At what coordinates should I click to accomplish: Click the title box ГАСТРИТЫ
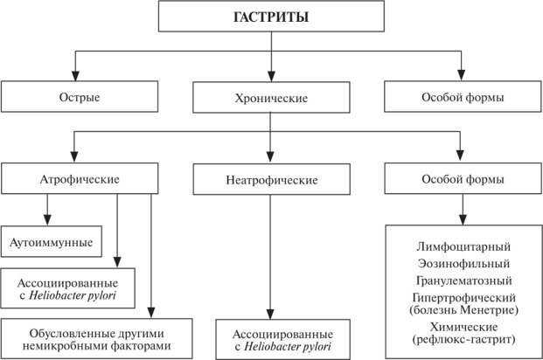coord(271,17)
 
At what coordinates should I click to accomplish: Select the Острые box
coord(80,97)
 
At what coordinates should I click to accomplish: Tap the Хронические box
coord(271,97)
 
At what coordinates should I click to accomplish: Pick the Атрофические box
coord(80,178)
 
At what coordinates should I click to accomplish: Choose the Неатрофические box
coord(271,179)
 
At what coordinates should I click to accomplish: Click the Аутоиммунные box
coord(52,242)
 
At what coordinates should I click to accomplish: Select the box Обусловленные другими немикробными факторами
coord(96,339)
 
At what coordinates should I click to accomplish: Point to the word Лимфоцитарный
coord(463,246)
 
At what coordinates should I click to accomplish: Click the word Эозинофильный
coord(463,264)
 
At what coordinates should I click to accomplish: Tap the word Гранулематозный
coord(464,280)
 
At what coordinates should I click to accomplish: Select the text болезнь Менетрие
coord(464,309)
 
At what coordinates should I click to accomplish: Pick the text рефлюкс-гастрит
coord(464,339)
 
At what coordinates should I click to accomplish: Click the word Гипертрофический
coord(464,298)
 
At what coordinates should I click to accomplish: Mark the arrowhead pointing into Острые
coord(75,76)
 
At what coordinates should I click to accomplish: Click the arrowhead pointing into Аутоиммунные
coord(47,221)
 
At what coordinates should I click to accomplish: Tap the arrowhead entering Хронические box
coord(271,77)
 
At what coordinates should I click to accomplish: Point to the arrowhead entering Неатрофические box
coord(270,157)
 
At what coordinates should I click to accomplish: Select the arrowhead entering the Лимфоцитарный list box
coord(463,220)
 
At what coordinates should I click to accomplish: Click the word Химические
coord(464,327)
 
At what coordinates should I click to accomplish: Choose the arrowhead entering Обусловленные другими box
coord(151,313)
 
